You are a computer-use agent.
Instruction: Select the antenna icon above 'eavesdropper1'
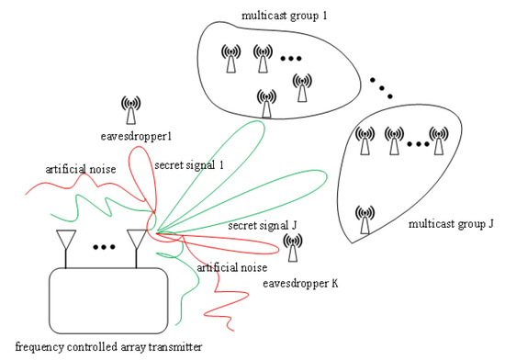point(131,108)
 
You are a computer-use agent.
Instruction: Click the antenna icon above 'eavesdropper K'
point(293,247)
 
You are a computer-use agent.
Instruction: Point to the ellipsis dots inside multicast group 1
point(291,60)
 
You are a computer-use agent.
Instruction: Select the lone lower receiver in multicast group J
point(365,219)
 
